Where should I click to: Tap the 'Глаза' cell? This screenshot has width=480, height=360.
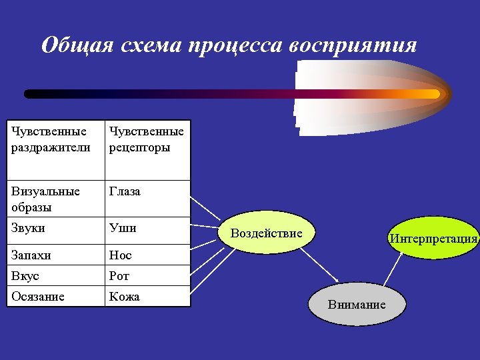tap(147, 199)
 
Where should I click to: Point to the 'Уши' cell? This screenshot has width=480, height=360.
tap(147, 230)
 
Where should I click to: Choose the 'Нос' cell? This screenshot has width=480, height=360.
tap(147, 255)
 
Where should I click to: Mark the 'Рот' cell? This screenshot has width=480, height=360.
tap(147, 275)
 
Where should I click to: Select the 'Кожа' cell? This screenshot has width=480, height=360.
tap(147, 297)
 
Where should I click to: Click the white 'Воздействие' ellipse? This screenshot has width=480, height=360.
tap(267, 233)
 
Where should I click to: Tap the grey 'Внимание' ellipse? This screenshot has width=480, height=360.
tap(357, 304)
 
